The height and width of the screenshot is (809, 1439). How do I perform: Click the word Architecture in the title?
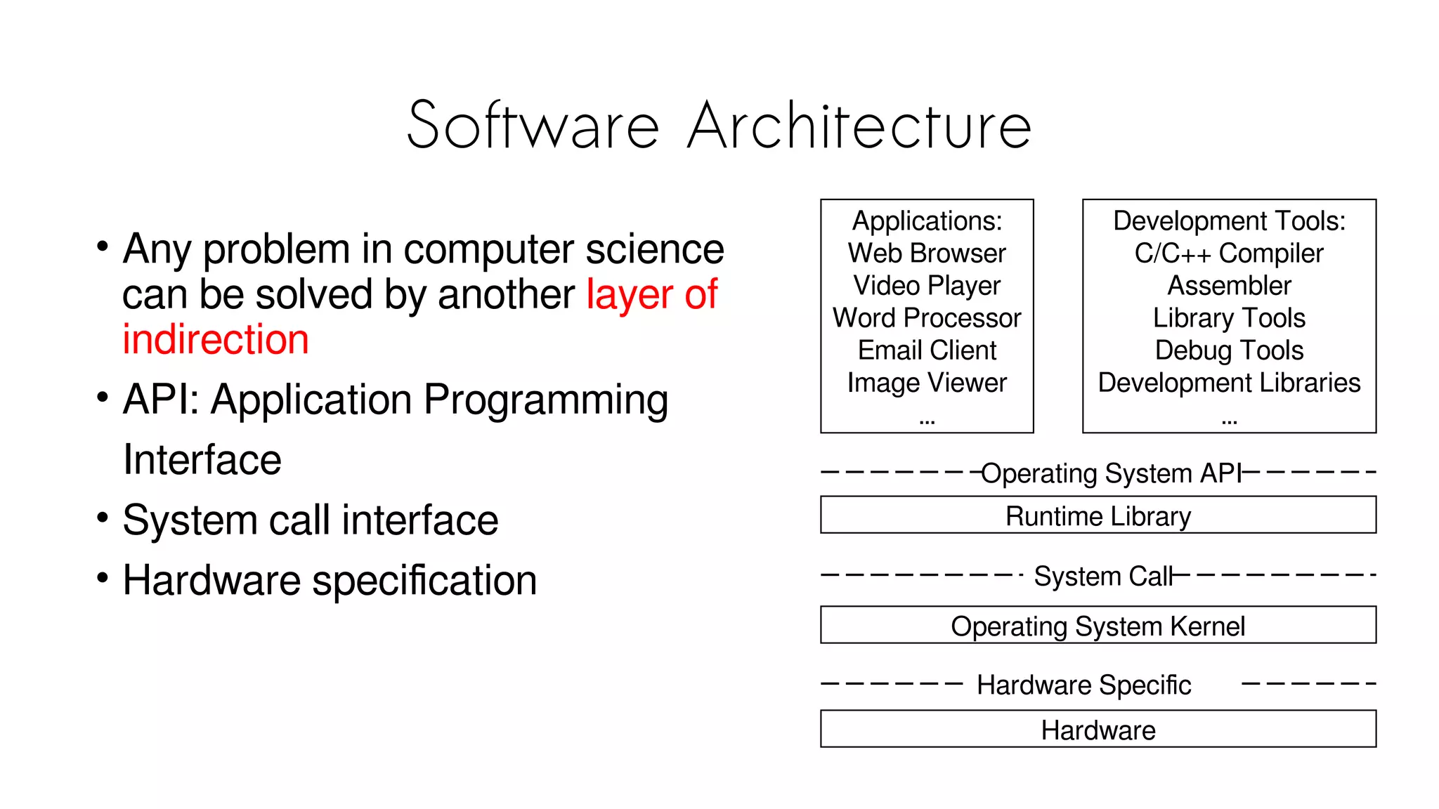pos(859,126)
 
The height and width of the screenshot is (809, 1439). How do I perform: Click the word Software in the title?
pos(533,126)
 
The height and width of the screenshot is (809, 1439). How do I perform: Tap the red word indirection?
pos(216,340)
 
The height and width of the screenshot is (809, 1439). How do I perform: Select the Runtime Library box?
pos(1098,515)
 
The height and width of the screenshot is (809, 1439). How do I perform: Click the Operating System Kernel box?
pos(1098,625)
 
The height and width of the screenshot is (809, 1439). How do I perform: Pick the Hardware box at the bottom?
pos(1098,729)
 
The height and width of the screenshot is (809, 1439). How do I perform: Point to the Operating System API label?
pos(1111,473)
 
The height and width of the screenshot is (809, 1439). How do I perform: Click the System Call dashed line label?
pos(1103,576)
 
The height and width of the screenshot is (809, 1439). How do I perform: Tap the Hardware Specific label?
pos(1083,685)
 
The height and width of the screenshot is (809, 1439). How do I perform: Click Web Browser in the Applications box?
pos(927,254)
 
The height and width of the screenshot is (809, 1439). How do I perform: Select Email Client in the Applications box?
pos(927,350)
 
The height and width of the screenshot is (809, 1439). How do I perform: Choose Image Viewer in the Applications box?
pos(927,383)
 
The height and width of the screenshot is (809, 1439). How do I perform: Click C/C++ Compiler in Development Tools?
pos(1228,254)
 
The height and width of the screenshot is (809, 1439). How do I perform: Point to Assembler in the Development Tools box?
pos(1229,286)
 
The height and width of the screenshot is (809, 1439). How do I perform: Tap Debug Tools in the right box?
pos(1229,350)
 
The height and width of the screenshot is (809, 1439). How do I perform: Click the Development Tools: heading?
pos(1229,221)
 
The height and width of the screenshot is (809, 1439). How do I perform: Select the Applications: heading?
pos(927,221)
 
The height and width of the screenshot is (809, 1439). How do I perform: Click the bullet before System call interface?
pos(103,518)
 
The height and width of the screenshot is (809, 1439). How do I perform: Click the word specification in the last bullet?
pos(424,581)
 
